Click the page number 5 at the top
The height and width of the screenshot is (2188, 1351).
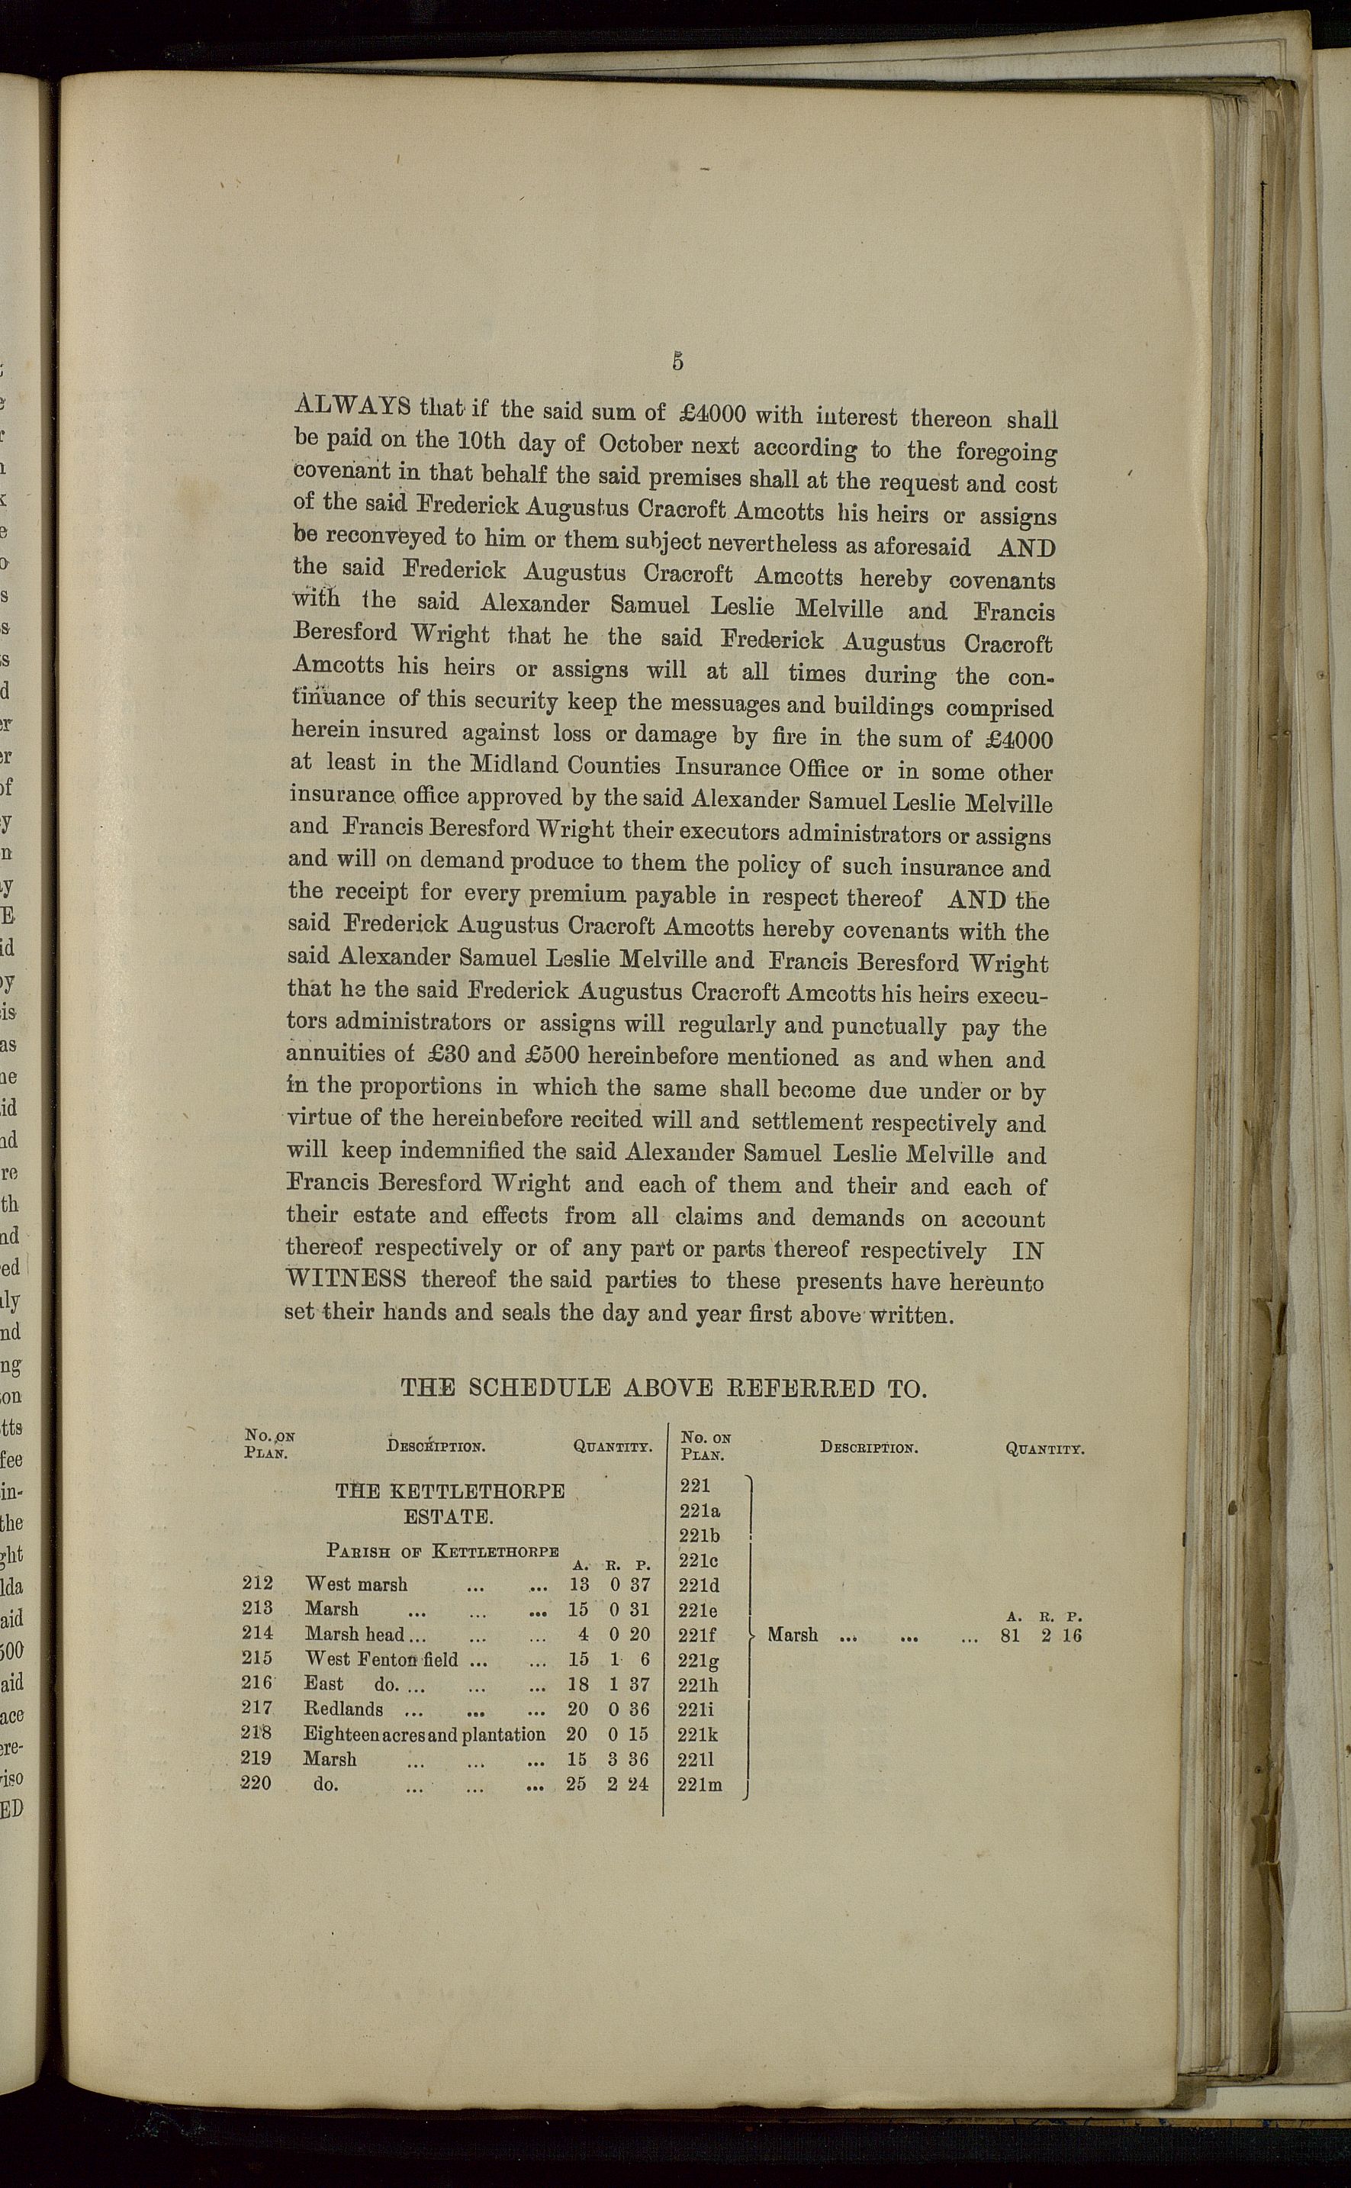coord(678,362)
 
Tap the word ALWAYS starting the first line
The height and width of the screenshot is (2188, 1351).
coord(352,405)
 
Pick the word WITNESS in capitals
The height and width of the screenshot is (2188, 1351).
coord(346,1278)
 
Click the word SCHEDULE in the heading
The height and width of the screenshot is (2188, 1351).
coord(539,1388)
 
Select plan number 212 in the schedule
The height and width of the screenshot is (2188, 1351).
coord(257,1584)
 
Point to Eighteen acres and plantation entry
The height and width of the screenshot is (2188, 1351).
coord(423,1734)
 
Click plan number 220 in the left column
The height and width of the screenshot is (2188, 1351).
coord(257,1783)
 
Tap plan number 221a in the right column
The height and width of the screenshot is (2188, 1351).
coord(699,1510)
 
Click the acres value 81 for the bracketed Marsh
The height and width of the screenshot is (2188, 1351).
coord(1011,1635)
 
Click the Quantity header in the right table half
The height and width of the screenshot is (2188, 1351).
coord(1044,1448)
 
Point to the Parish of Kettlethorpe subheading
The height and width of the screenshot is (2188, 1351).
coord(442,1550)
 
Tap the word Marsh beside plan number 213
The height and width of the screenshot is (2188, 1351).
coord(332,1609)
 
